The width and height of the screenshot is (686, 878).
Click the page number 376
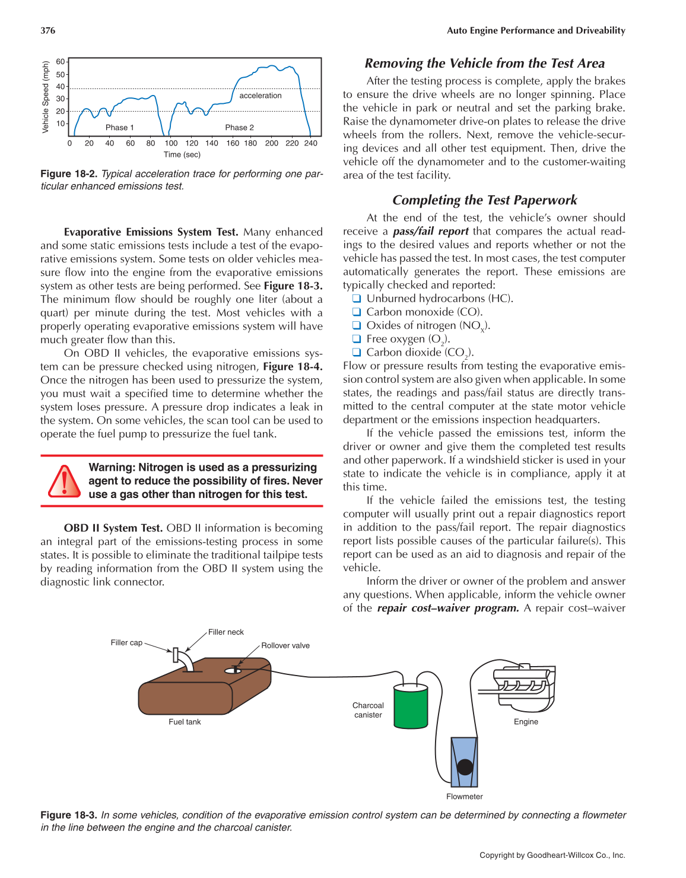48,30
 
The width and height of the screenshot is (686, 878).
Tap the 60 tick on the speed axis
61,62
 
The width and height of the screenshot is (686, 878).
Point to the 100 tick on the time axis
171,143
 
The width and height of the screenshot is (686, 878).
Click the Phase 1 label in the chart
119,128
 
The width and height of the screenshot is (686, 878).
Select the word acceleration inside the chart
261,96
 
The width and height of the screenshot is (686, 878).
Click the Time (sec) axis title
182,154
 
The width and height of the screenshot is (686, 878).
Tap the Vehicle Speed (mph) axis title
46,97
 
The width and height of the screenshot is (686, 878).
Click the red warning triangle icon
63,481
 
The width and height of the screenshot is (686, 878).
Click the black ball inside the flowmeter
465,766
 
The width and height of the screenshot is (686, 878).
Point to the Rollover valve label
285,646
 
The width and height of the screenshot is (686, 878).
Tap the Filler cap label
126,642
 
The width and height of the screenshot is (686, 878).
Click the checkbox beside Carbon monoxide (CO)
357,312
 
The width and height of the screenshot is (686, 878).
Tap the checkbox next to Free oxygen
357,339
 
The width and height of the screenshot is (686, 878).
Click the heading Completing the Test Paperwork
484,200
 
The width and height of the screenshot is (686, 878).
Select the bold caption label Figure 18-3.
68,815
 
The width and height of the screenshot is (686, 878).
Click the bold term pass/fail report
431,232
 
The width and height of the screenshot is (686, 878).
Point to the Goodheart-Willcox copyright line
552,855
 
